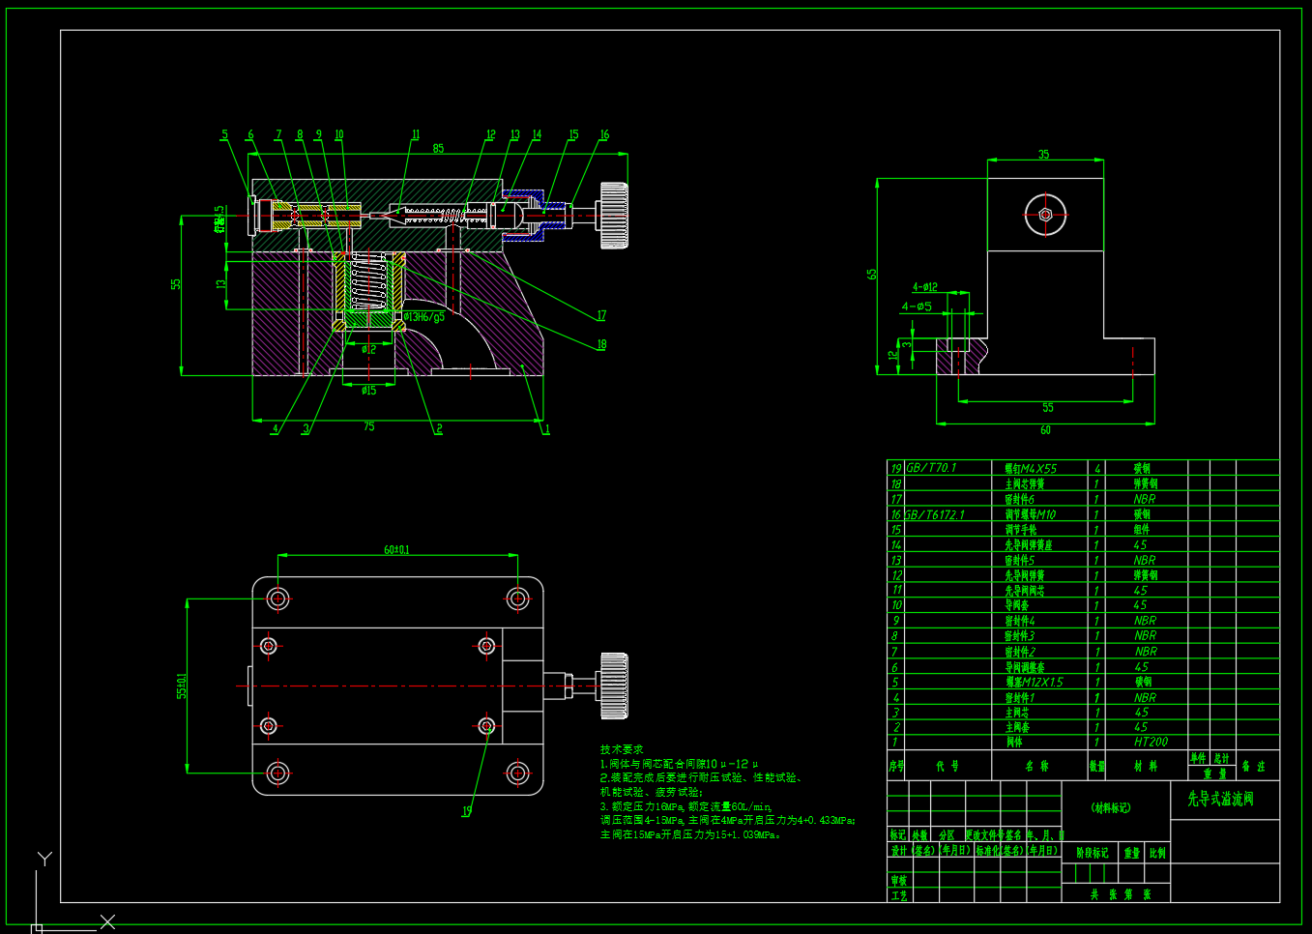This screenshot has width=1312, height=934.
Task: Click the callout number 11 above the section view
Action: coord(416,135)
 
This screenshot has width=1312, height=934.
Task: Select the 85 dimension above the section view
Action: coord(438,148)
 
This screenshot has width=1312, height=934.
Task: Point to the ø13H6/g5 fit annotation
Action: coord(424,317)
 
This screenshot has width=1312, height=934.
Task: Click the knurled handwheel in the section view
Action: coord(613,215)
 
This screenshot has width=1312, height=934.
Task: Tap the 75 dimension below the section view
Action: coord(368,426)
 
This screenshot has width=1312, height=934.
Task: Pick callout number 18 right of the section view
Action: coord(601,344)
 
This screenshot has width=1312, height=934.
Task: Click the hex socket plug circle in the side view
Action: coord(1045,215)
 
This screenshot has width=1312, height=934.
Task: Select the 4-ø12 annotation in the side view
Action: coord(925,287)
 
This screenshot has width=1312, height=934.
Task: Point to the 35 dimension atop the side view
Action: coord(1044,155)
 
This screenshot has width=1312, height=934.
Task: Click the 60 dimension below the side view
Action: coord(1045,430)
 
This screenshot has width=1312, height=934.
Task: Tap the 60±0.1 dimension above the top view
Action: coord(396,550)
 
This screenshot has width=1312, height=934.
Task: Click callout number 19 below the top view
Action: coord(466,811)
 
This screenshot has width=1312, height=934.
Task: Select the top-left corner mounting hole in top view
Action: coord(278,598)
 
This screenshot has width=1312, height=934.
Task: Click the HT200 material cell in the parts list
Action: coord(1151,743)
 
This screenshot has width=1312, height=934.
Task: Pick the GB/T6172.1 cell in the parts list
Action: coord(934,514)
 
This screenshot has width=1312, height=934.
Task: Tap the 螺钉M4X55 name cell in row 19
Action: coord(1031,468)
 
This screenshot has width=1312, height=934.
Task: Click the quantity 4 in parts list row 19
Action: coord(1097,468)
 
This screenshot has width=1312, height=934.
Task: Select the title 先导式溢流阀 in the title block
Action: coord(1220,800)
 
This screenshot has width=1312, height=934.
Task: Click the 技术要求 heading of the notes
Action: coord(621,749)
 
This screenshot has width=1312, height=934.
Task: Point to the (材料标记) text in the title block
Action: coord(1111,807)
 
